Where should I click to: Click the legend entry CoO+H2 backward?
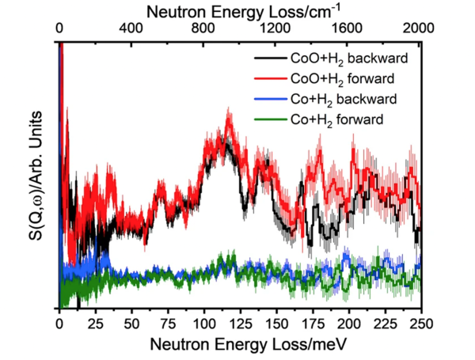342,59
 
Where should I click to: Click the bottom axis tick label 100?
204,322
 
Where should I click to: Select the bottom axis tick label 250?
421,322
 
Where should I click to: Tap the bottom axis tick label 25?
96,322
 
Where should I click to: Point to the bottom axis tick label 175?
313,322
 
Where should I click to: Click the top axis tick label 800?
203,26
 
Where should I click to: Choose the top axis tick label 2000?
420,26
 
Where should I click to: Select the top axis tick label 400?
131,26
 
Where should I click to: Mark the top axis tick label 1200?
275,26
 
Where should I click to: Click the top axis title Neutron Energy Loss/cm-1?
240,9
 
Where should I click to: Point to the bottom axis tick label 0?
59,322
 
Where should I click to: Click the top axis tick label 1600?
348,26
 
